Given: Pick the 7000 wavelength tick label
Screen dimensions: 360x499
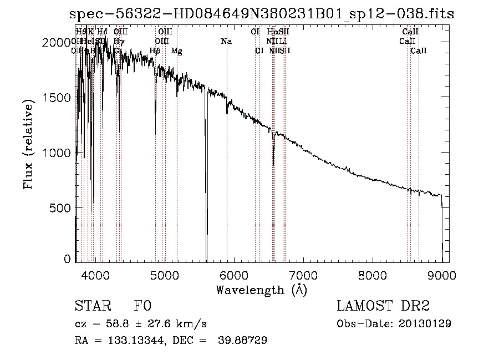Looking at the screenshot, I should [x=303, y=275].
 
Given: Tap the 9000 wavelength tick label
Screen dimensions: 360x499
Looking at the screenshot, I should [x=442, y=275].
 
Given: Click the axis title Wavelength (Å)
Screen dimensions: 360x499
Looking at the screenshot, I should [x=261, y=290].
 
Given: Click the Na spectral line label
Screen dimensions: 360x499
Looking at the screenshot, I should [x=226, y=42].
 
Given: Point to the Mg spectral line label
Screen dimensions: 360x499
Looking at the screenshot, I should [x=177, y=51].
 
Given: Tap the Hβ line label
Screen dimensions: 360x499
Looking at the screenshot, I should [x=155, y=51].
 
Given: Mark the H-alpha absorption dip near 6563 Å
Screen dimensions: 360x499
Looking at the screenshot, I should [x=273, y=155].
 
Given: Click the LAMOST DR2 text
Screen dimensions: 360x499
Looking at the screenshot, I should [x=383, y=306].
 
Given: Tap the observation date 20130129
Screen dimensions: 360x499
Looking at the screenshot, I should [x=424, y=323].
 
